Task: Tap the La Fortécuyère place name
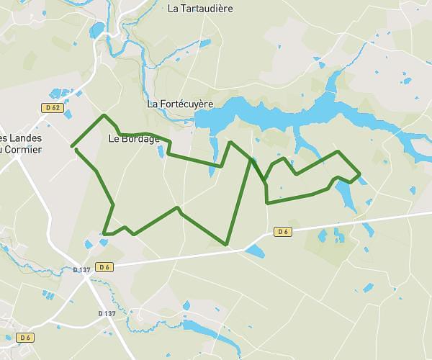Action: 180,104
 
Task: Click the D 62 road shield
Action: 51,108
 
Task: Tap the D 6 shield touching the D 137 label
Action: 105,267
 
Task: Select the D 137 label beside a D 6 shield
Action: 82,270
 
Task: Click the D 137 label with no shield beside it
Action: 107,313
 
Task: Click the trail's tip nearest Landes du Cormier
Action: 73,147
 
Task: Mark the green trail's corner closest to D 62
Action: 104,115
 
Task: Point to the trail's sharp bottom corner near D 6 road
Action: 226,245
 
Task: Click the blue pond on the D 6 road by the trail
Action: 255,251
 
